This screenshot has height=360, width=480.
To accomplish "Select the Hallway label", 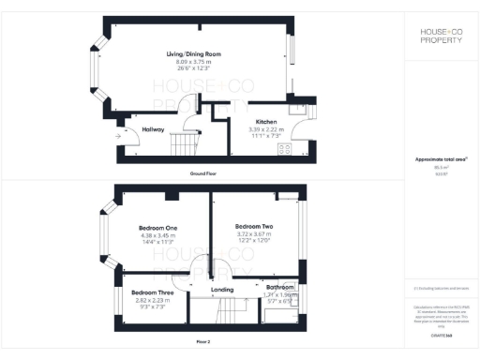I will click(153, 129).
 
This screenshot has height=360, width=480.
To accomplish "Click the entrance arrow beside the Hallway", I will click(117, 137).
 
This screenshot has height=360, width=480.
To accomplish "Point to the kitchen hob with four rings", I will click(284, 149).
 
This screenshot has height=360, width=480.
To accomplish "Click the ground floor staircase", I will click(184, 145).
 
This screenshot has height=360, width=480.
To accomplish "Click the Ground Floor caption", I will click(203, 174).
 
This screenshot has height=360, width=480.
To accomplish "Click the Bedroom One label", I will click(158, 228).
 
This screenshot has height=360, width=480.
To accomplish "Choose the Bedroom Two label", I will click(253, 227).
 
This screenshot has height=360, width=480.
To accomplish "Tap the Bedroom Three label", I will click(151, 292).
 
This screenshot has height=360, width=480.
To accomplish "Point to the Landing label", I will click(222, 290).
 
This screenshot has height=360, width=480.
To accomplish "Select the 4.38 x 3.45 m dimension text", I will click(158, 234).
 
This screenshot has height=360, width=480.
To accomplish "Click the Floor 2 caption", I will click(203, 341).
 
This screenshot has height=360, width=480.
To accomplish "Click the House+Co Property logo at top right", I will click(440, 37).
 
